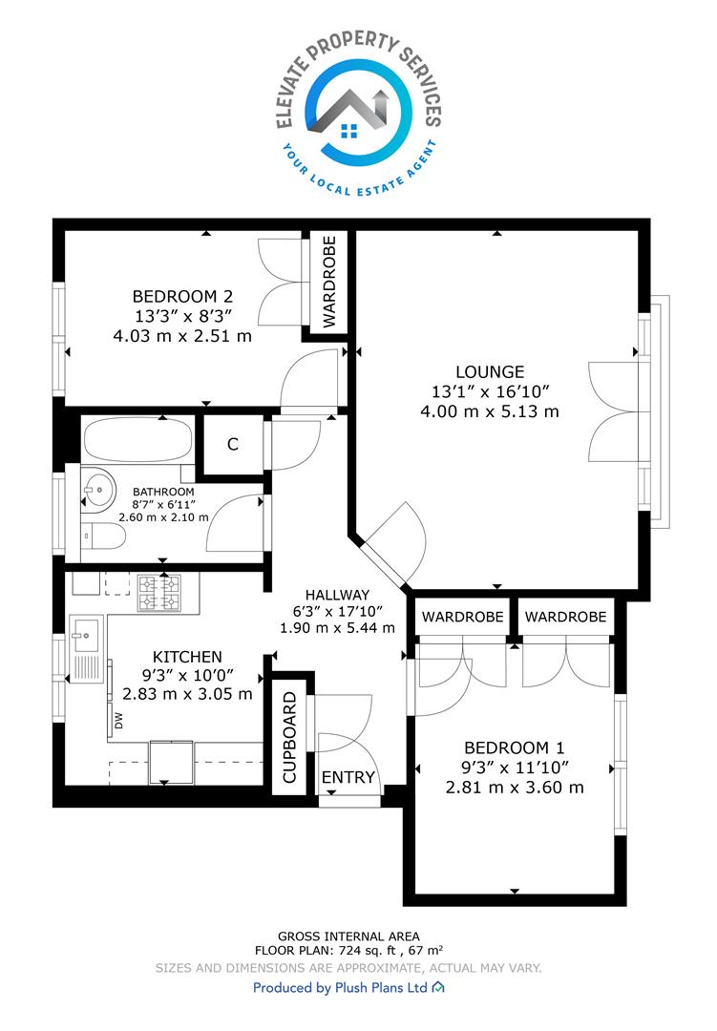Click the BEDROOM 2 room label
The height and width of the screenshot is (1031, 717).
(182, 297)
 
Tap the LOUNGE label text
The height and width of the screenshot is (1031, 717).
(490, 371)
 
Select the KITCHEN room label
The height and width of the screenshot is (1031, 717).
(187, 657)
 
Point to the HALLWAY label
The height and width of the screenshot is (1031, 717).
(337, 595)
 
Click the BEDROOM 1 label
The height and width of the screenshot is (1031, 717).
(515, 747)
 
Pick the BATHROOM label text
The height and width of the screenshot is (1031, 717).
(163, 492)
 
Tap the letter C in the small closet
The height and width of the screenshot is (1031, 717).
(232, 445)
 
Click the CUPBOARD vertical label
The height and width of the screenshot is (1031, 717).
(290, 737)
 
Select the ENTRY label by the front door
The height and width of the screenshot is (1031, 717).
(348, 778)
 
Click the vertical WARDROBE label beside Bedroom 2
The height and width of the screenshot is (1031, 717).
(329, 282)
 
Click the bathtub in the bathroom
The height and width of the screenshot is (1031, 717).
(138, 438)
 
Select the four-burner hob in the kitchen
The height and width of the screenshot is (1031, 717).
(159, 593)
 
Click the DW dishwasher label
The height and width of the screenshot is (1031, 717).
(119, 722)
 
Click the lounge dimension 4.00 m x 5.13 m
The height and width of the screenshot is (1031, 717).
(490, 411)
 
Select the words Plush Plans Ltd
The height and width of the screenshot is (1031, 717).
(382, 988)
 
